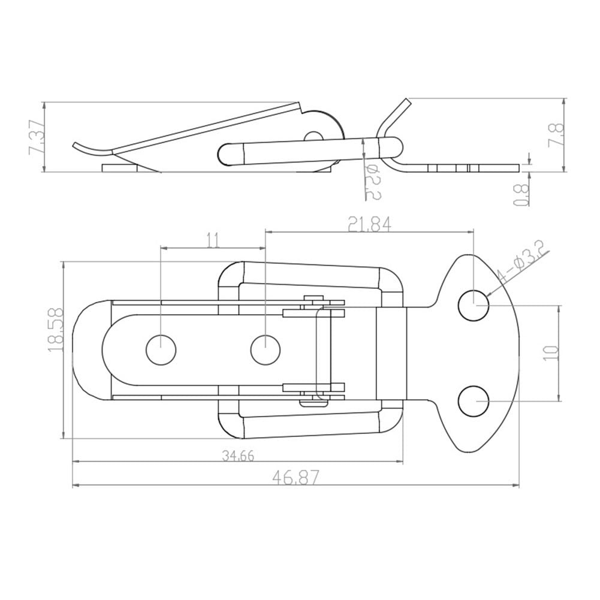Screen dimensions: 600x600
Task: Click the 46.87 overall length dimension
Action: [295, 477]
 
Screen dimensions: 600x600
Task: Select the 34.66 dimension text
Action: [237, 456]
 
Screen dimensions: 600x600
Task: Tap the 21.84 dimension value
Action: [369, 224]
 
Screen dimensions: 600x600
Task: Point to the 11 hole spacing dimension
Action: [213, 241]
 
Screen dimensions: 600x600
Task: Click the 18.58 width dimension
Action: [56, 330]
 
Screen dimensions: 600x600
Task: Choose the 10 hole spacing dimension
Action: [551, 353]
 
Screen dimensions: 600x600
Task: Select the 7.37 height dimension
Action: [37, 138]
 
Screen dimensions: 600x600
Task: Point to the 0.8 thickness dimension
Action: [521, 195]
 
